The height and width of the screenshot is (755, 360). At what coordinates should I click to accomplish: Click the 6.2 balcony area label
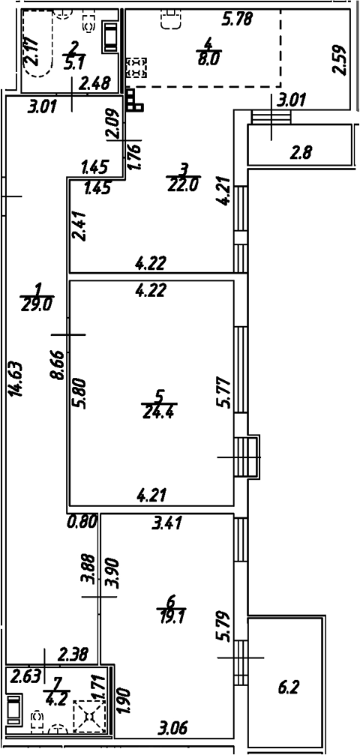point(289,687)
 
